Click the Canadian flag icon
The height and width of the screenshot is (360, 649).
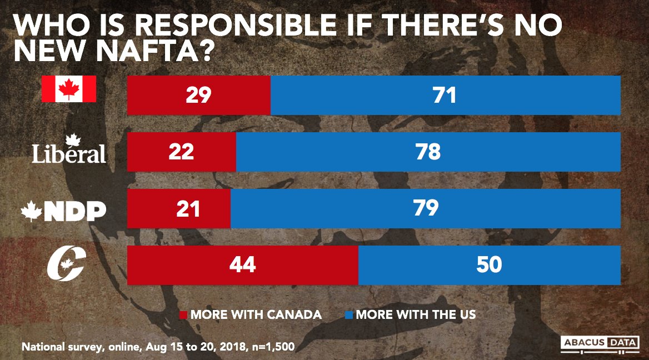[69, 89]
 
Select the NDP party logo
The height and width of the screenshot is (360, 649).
[63, 211]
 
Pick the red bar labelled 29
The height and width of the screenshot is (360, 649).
[199, 96]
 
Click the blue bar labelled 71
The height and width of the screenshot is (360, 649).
[445, 96]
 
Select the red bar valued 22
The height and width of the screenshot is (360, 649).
[182, 152]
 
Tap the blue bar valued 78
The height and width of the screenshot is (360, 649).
[428, 152]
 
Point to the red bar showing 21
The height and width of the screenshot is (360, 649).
[179, 208]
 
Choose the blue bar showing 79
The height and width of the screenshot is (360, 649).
[425, 208]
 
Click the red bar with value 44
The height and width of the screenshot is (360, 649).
[243, 265]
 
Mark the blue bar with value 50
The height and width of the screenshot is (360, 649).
[489, 265]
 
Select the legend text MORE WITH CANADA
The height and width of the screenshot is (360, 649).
[256, 314]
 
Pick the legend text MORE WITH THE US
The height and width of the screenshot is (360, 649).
[416, 314]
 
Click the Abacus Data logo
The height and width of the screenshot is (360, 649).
[598, 343]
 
